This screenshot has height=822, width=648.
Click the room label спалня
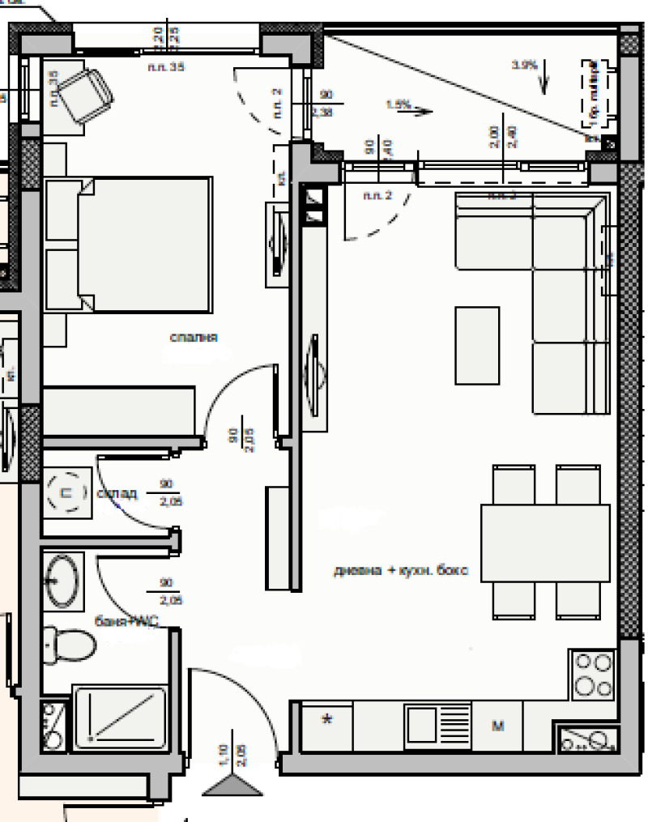(194, 337)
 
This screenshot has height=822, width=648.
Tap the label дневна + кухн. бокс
(402, 571)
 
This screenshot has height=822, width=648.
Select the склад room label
(117, 493)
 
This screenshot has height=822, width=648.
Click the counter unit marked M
(498, 726)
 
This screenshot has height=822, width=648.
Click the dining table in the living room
(545, 543)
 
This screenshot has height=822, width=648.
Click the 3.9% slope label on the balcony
(524, 65)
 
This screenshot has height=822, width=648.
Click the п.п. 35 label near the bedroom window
(167, 67)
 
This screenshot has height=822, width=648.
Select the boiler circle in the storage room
(68, 491)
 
